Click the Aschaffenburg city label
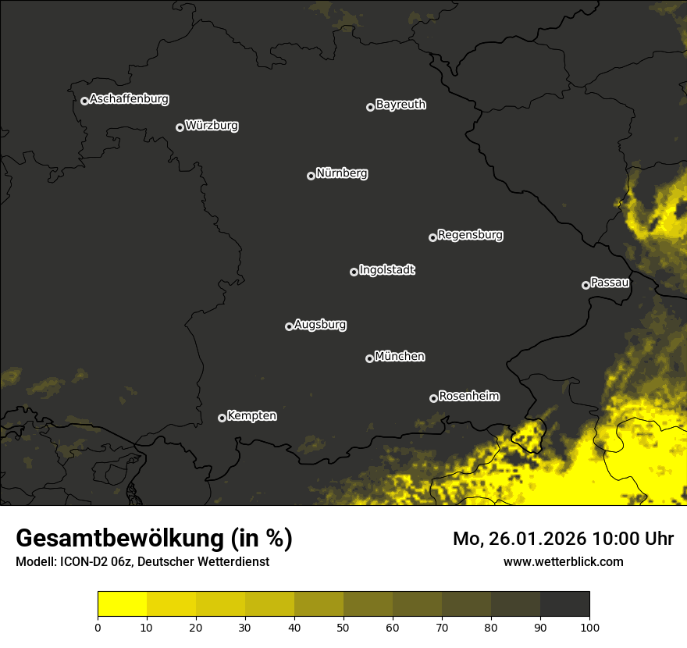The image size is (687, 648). click(x=129, y=99)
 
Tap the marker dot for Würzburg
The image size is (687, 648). click(x=180, y=127)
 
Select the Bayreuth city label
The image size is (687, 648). click(x=400, y=105)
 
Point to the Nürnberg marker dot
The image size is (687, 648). click(x=311, y=176)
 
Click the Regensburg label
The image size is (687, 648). click(x=470, y=234)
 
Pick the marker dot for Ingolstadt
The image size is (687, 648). click(x=354, y=272)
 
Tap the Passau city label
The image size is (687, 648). click(x=610, y=283)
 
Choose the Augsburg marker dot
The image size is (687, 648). click(x=289, y=326)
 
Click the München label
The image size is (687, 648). click(x=400, y=357)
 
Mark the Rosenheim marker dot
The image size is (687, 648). click(x=433, y=398)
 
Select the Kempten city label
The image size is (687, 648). click(x=251, y=416)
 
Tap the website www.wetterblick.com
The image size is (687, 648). click(x=564, y=561)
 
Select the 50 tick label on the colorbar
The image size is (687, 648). click(x=343, y=627)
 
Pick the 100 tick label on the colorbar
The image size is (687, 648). click(x=589, y=627)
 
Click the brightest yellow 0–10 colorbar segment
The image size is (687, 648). click(x=122, y=604)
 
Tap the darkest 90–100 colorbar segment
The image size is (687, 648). click(x=564, y=604)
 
